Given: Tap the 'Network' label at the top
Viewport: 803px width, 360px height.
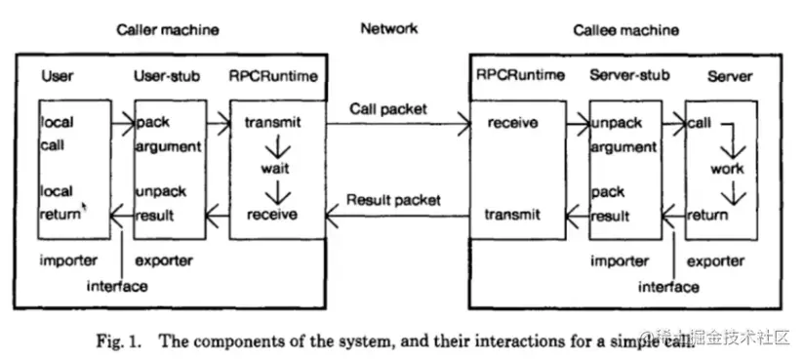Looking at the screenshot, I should [x=388, y=28].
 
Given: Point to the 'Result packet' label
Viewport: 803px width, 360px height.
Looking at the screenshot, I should [x=394, y=200].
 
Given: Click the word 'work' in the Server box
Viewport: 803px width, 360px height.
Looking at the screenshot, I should [x=727, y=169].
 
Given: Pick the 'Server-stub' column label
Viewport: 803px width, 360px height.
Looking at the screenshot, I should [x=624, y=76].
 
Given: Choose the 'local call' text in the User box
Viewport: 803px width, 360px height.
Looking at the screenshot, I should [x=58, y=134].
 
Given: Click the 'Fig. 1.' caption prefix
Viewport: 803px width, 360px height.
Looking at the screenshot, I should [x=119, y=340].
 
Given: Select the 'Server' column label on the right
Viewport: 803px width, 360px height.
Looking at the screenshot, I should [x=730, y=76].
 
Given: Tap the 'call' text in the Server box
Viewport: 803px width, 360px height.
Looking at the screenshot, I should [x=699, y=124].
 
